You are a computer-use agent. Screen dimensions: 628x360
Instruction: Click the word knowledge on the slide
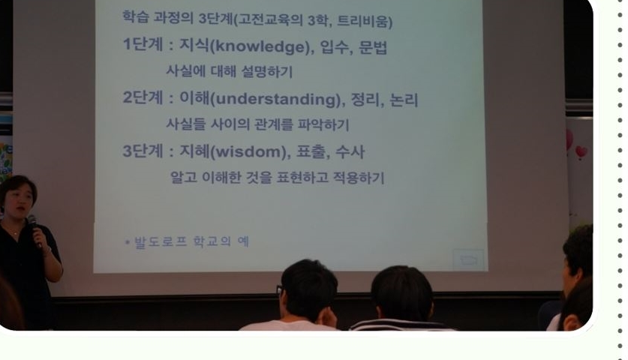260,46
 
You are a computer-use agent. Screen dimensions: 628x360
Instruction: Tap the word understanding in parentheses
275,99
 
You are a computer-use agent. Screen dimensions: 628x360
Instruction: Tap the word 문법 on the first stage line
373,47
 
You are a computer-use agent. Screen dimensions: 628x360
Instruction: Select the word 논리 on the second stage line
404,100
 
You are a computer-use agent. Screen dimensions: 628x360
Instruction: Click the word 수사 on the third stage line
350,151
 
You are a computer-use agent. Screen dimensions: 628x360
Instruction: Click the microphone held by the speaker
35,229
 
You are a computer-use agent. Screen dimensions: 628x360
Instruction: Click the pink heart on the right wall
581,152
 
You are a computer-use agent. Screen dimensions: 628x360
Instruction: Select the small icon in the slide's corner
468,260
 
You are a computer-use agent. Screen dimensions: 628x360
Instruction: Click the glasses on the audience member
280,290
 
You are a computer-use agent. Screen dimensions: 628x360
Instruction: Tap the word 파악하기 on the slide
323,125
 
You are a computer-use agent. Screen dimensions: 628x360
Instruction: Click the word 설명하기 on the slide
267,72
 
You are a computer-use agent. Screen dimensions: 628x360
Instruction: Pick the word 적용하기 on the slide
359,178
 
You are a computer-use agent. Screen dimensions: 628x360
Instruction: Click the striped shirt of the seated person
401,325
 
